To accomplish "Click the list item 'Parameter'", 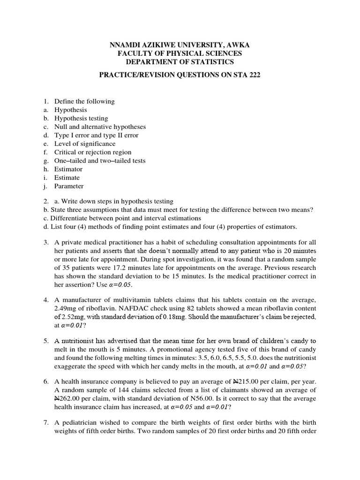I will pyautogui.click(x=69, y=186).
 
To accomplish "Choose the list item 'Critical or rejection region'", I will pyautogui.click(x=93, y=152).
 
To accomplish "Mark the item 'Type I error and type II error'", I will pyautogui.click(x=96, y=135).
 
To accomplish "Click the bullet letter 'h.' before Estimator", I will pyautogui.click(x=47, y=169).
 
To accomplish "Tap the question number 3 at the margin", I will pyautogui.click(x=46, y=242).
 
